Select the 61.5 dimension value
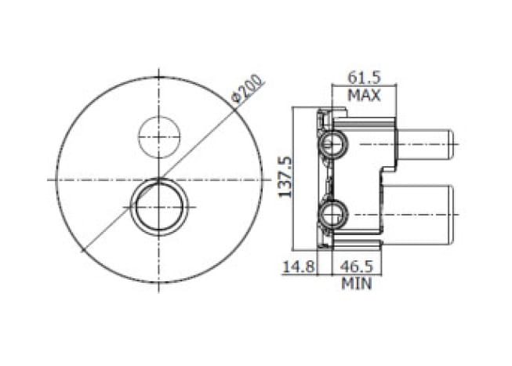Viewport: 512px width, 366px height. click(x=364, y=78)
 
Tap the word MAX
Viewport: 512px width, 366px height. click(x=364, y=96)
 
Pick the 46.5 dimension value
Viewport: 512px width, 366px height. click(x=356, y=267)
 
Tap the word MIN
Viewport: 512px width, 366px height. click(x=356, y=284)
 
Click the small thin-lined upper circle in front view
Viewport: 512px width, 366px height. click(x=159, y=136)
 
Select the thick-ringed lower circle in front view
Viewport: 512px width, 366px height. click(x=159, y=205)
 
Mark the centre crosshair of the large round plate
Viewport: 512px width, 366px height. click(x=159, y=179)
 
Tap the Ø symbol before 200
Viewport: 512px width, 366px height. click(x=236, y=99)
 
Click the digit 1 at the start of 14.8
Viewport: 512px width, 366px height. click(x=286, y=267)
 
